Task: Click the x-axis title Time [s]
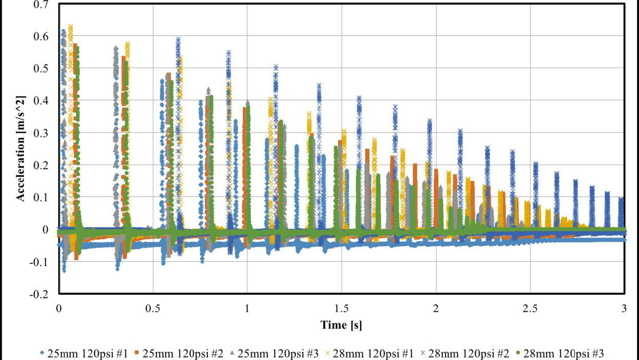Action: tap(342, 325)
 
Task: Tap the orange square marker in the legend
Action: tap(137, 354)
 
